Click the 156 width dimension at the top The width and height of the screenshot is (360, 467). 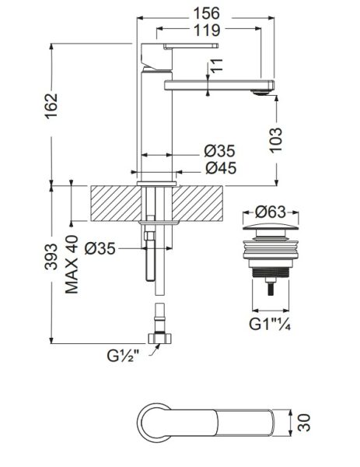point(207,13)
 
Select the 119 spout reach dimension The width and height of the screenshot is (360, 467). point(207,30)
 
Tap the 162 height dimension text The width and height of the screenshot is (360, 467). point(51,107)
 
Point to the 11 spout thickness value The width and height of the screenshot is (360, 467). point(218,65)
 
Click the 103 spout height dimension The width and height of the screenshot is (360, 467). point(276,140)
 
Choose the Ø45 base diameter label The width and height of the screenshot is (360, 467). point(221,168)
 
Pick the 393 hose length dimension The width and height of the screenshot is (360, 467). point(51,257)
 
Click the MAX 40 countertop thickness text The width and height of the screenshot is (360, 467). point(72,265)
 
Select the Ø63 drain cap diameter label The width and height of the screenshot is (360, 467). point(271,212)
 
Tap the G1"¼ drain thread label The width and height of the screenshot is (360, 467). point(270,324)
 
